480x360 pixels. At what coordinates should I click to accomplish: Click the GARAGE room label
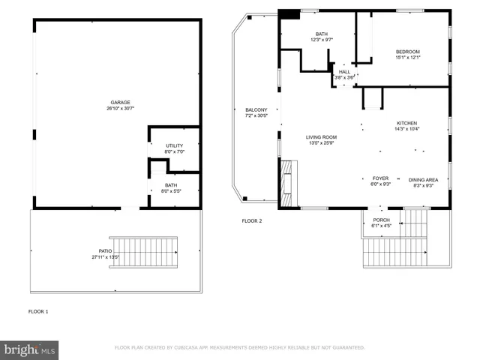120,102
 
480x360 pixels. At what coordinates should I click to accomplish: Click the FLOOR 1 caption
37,310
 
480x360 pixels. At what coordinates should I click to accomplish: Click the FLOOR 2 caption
250,220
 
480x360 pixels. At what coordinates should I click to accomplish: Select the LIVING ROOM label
321,137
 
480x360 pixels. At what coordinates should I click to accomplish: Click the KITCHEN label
407,123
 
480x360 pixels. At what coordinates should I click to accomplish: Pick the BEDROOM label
408,51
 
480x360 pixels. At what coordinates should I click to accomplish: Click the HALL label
344,72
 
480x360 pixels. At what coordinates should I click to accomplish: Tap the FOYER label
381,178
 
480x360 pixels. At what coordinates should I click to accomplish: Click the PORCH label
381,220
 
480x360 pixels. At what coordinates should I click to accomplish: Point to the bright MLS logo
29,349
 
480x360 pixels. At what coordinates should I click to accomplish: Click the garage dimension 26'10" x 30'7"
120,109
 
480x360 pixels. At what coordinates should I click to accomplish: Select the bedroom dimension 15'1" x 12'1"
408,58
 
